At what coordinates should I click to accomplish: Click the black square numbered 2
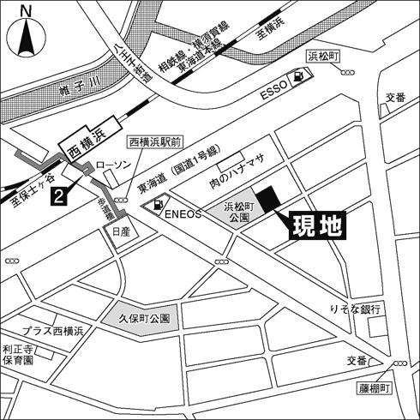[x=57, y=196]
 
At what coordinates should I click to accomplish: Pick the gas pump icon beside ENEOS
[x=158, y=205]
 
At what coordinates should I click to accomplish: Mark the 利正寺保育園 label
[x=16, y=355]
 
